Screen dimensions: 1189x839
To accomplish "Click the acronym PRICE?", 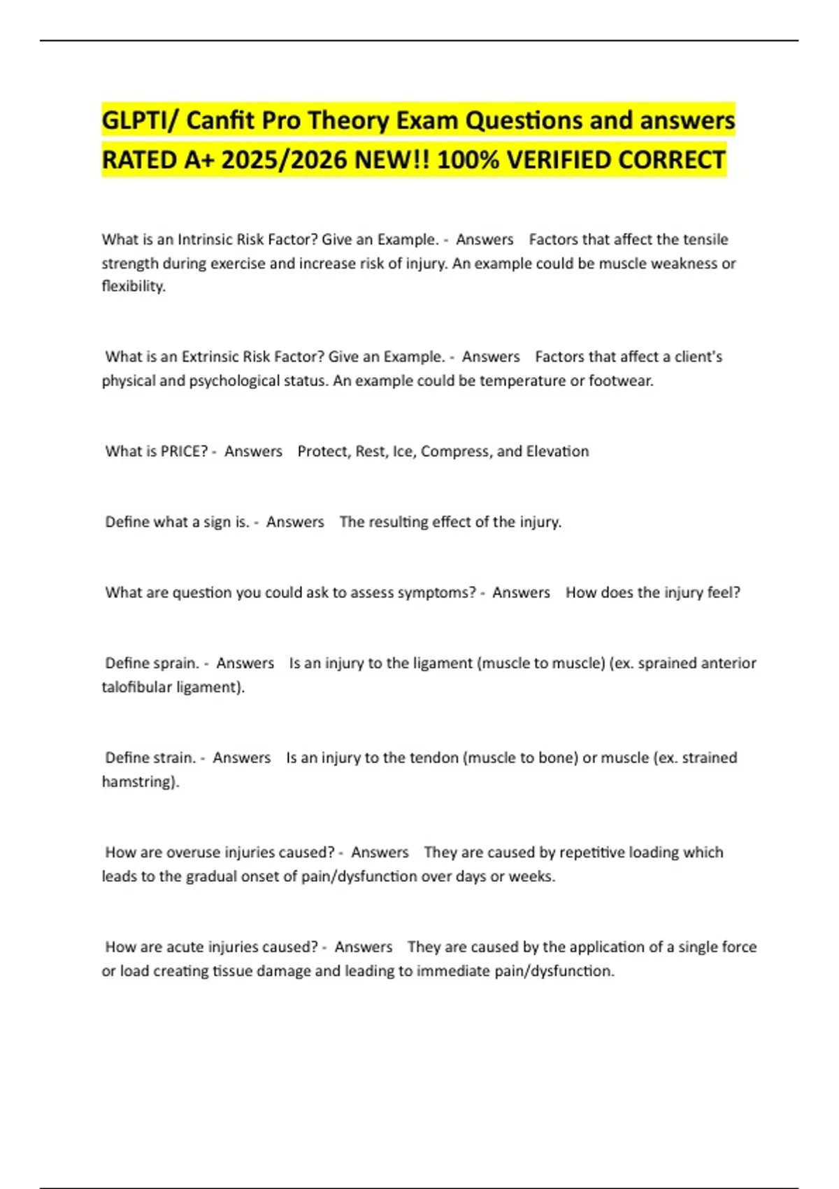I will point(184,451).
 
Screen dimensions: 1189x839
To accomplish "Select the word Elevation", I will point(557,451).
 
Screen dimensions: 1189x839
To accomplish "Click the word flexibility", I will point(134,286).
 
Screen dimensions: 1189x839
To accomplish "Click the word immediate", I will point(453,971).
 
